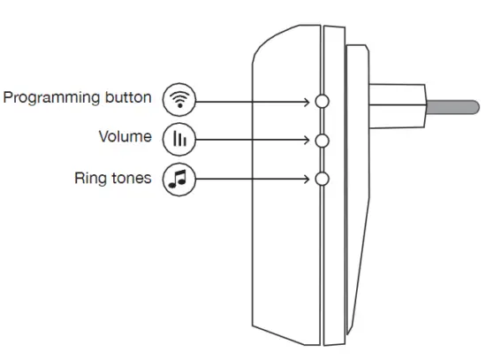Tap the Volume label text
point(125,138)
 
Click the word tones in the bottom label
point(132,178)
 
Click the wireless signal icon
point(180,100)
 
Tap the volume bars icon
point(180,139)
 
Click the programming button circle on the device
point(322,101)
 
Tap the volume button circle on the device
point(322,140)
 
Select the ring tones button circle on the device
point(322,179)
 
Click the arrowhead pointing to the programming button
point(310,101)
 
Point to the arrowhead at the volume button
point(310,140)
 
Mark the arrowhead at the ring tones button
point(310,179)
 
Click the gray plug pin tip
point(454,110)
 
